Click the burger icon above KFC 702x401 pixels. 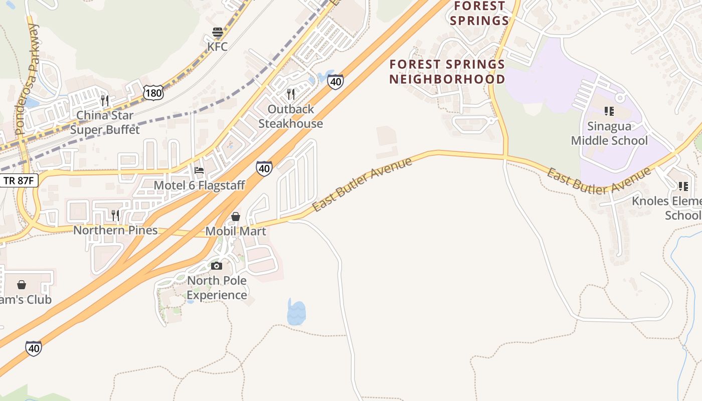218,33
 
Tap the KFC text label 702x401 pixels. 218,47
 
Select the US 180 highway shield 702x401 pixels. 152,92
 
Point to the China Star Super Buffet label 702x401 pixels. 105,122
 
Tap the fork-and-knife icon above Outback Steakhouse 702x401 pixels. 291,94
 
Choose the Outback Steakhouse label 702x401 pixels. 291,116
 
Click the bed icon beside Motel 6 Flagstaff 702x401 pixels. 199,170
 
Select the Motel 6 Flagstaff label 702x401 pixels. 199,185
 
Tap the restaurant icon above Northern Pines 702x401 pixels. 115,216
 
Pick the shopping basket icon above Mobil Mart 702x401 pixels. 235,217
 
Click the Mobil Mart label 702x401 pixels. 236,231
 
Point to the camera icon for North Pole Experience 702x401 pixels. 217,266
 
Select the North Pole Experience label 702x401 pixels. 217,287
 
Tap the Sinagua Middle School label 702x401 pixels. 609,133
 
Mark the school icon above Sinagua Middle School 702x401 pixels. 609,111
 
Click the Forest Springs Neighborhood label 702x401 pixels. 447,72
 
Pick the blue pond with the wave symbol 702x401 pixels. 296,313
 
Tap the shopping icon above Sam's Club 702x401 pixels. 22,285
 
